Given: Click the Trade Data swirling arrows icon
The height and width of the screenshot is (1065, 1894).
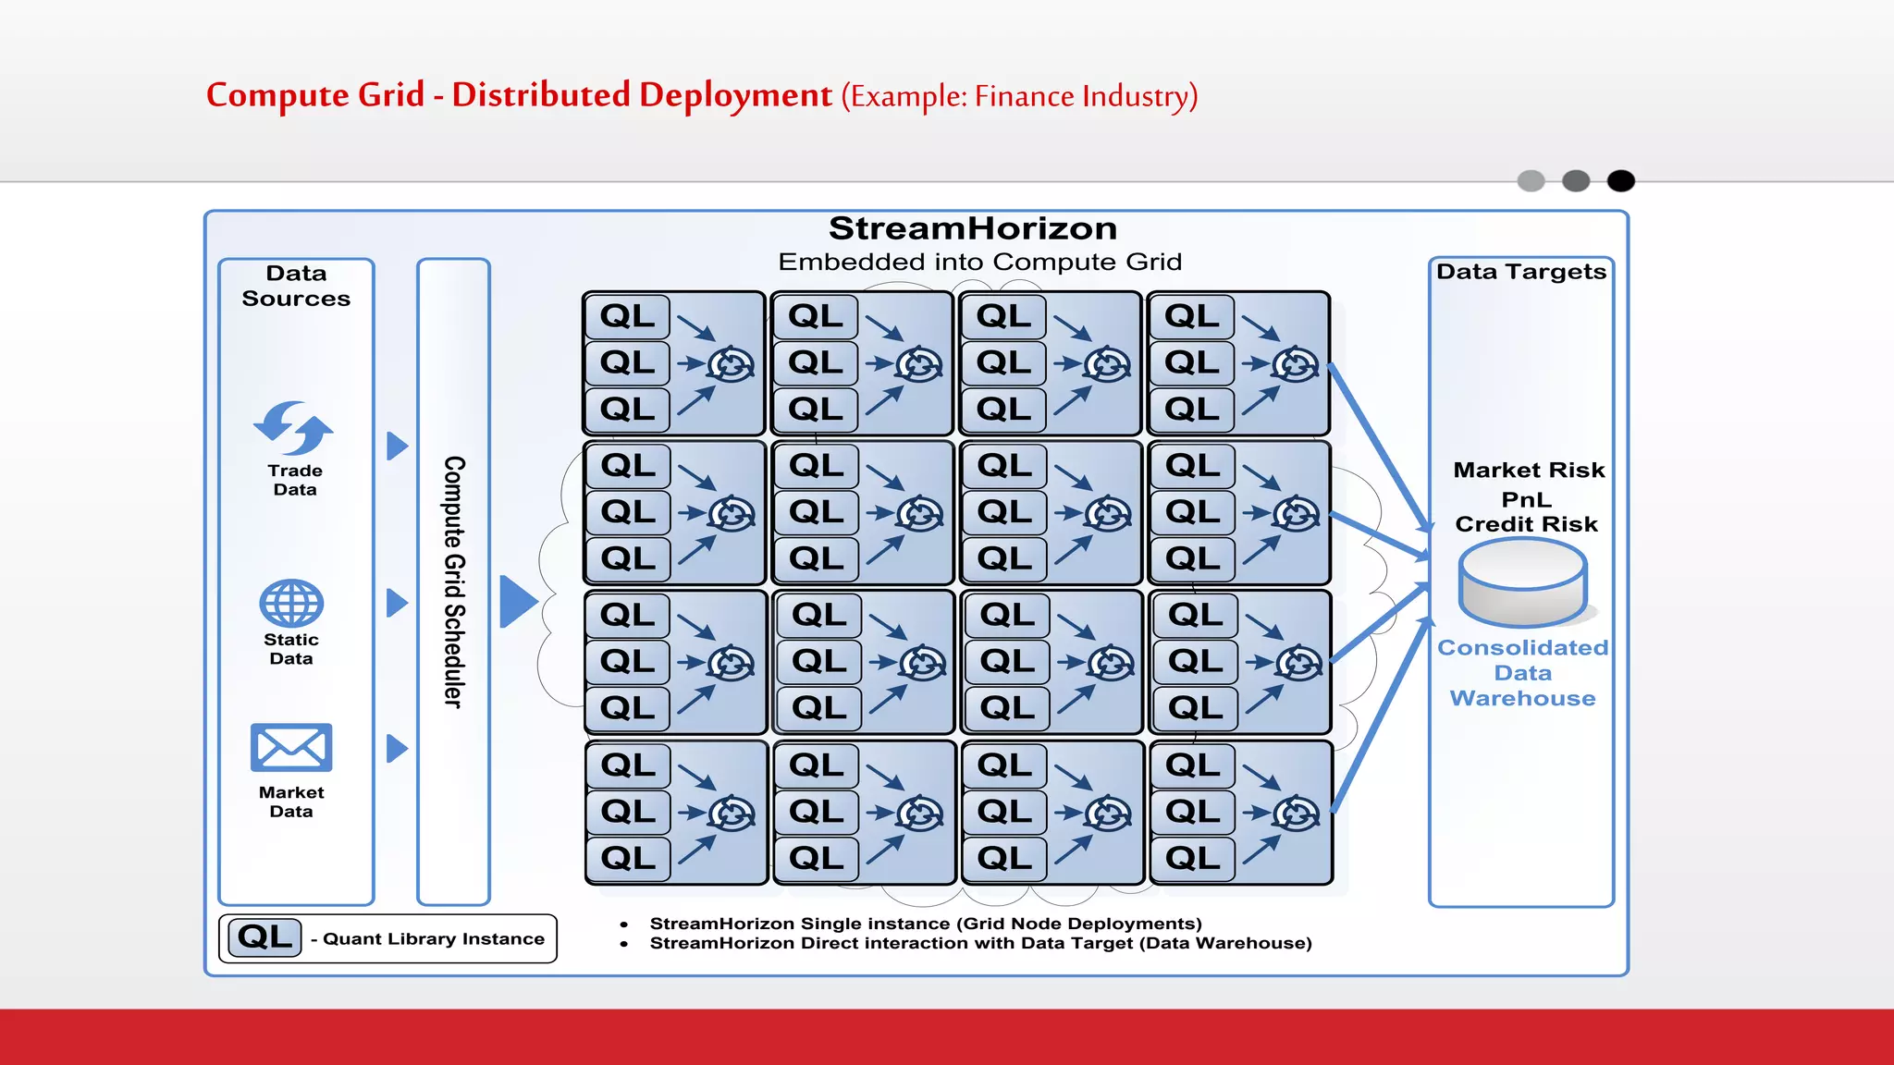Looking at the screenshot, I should (x=293, y=428).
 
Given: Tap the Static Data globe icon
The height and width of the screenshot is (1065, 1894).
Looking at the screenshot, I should (x=291, y=604).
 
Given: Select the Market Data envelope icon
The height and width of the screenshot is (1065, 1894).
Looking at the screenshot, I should (x=291, y=747).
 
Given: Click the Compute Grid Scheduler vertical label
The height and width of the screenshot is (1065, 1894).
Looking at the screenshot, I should (x=453, y=581).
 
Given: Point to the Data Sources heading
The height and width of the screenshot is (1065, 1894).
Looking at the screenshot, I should (x=296, y=286).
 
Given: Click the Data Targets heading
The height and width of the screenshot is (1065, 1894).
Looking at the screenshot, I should (x=1521, y=272).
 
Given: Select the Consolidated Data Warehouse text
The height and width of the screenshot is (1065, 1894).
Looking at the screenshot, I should (x=1522, y=673).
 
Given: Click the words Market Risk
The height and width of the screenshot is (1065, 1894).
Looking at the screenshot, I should (x=1529, y=471).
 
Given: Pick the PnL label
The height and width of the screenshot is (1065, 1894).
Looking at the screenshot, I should (x=1527, y=500).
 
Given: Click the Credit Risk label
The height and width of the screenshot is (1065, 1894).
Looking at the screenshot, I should (x=1526, y=524).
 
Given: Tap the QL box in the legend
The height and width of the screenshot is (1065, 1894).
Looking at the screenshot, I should (x=265, y=937).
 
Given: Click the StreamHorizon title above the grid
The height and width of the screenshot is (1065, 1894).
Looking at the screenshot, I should (x=972, y=228).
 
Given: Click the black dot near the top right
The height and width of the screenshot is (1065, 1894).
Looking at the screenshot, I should (x=1620, y=181).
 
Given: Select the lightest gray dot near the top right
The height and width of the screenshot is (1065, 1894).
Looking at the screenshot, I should (x=1531, y=181).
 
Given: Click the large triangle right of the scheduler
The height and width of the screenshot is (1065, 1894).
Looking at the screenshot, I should (x=516, y=602).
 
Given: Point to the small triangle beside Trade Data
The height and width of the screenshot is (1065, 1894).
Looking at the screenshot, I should (x=396, y=447).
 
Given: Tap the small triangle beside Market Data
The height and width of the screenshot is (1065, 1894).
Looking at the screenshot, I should (x=396, y=748).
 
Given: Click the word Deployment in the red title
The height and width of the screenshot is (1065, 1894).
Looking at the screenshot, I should (x=735, y=95).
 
